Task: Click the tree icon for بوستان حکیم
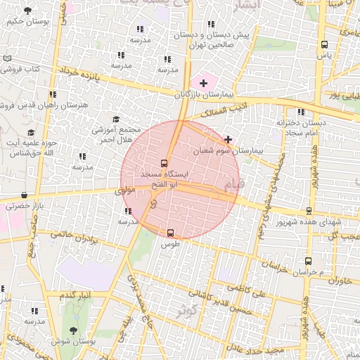click(x=27, y=11)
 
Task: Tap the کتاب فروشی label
click(x=23, y=70)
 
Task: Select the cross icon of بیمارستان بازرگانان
click(x=204, y=84)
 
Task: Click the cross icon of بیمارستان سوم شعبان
click(x=228, y=139)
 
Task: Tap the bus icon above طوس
click(x=170, y=233)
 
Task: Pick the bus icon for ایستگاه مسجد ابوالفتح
click(x=165, y=162)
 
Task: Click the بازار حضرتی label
click(x=25, y=206)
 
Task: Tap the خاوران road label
click(x=338, y=281)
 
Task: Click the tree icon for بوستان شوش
click(x=74, y=330)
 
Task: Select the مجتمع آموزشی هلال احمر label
click(x=117, y=134)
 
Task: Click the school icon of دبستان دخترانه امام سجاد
click(x=302, y=112)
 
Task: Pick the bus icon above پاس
click(x=324, y=44)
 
